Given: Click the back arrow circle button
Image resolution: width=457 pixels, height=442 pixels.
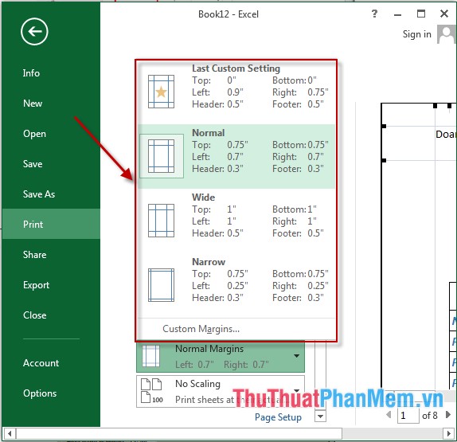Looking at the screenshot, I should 35,31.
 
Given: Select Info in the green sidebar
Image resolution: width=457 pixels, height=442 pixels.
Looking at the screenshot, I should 31,73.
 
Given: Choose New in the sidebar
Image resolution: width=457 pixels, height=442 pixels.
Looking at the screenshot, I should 33,104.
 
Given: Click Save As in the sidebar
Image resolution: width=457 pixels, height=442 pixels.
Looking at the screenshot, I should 39,194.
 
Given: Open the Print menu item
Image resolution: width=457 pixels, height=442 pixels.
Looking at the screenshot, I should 33,225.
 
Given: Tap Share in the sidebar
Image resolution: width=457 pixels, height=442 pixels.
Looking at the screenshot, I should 35,255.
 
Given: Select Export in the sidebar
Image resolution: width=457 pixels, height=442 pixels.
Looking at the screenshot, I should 37,285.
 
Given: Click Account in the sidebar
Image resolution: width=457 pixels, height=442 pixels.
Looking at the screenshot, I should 41,363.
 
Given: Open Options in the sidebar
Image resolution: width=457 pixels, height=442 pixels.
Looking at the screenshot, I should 40,393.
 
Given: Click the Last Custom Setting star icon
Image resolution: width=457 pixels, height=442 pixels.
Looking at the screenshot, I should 161,92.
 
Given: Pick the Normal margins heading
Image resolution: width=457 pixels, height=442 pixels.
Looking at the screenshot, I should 209,133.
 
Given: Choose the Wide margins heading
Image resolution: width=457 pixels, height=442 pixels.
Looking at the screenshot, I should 204,198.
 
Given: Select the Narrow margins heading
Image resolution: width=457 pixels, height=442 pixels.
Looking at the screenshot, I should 209,262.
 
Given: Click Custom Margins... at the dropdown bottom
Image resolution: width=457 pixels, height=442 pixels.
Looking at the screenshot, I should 201,329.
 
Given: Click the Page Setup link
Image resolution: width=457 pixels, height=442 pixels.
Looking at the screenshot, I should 278,417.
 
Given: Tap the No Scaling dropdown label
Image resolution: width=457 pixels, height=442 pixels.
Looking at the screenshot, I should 198,384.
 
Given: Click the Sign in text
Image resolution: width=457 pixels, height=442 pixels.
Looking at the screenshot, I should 416,34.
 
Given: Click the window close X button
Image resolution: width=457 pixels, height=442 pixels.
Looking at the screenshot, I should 443,14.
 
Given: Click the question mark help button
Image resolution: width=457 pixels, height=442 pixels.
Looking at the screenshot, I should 375,14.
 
